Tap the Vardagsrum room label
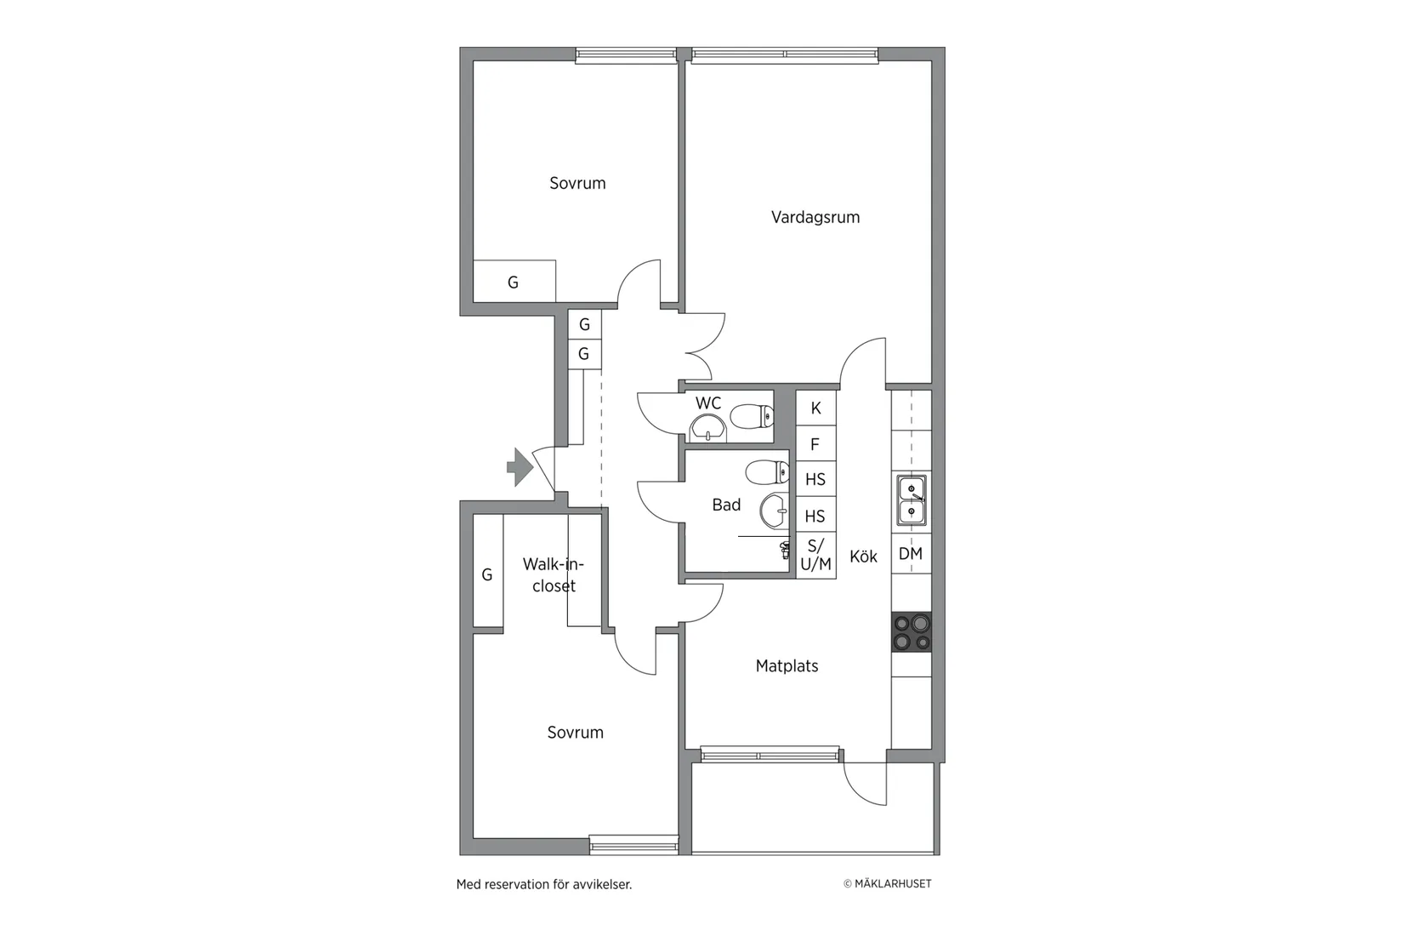point(815,217)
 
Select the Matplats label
point(787,666)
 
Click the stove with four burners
point(912,632)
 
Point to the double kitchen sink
point(912,500)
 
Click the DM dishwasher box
point(911,554)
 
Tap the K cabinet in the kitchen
point(815,408)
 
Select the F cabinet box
point(815,444)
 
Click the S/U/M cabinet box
point(815,555)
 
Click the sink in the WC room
point(707,428)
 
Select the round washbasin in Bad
point(775,511)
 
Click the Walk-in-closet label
point(553,575)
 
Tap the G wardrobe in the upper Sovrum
point(514,282)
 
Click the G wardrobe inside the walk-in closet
point(487,574)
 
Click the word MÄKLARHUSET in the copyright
point(892,884)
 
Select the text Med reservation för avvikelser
point(543,884)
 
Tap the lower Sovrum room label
point(575,733)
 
